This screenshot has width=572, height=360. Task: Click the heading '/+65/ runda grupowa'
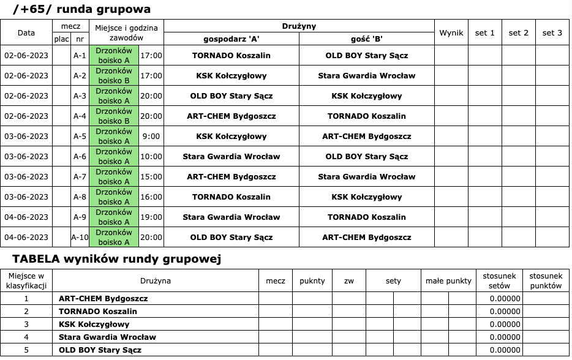point(81,9)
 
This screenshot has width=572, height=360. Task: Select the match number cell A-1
point(80,56)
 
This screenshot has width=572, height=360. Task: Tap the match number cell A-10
point(80,238)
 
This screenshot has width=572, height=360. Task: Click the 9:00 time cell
point(151,137)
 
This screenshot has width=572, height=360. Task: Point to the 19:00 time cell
point(151,217)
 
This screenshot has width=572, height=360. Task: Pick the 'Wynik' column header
point(451,33)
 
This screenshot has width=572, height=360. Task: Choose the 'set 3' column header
point(552,33)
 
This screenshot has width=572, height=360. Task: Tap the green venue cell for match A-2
point(114,76)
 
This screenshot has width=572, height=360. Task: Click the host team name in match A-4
point(231,116)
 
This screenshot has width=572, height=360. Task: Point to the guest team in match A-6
point(366,157)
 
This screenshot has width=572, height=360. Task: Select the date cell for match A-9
point(26,217)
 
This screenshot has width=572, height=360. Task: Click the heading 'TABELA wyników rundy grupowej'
point(116,259)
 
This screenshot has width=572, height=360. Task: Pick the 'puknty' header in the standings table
point(312,281)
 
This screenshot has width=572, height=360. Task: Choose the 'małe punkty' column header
point(449,281)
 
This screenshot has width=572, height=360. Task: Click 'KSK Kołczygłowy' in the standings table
point(94,324)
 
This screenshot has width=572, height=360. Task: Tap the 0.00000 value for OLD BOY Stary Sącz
point(505,350)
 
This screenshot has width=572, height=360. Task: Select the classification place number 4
point(26,337)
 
